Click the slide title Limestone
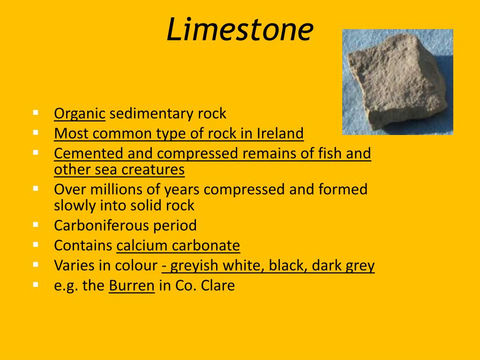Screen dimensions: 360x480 [x=240, y=29]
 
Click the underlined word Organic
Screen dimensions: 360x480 [x=80, y=114]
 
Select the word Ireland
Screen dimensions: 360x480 [x=280, y=134]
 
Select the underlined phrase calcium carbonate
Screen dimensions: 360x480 [x=178, y=246]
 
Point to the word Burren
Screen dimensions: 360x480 [x=132, y=285]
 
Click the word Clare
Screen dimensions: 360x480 [x=218, y=285]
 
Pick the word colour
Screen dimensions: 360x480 [x=134, y=266]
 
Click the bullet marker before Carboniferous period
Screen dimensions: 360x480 [x=36, y=224]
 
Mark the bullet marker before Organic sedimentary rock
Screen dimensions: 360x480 [x=36, y=112]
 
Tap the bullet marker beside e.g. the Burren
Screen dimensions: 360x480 [x=36, y=284]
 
